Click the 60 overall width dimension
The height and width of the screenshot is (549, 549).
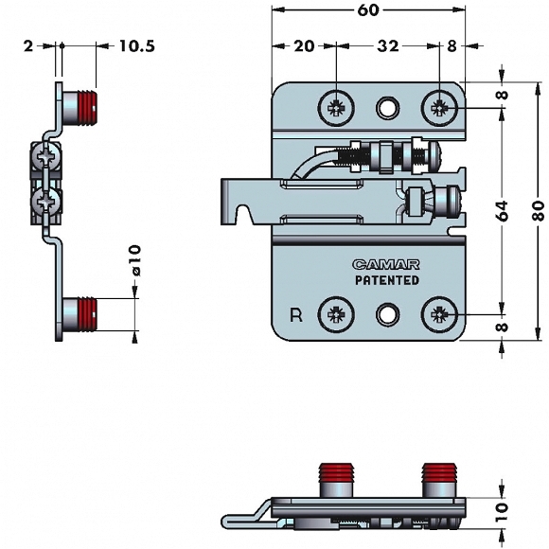368,10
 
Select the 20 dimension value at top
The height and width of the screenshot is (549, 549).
304,45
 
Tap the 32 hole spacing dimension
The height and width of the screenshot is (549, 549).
387,45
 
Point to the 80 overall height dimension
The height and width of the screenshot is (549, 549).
539,211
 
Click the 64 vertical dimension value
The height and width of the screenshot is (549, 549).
502,211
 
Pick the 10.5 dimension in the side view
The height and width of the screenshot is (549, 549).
137,45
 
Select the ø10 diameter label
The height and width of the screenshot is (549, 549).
135,260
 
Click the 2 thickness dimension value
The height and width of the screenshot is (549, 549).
28,45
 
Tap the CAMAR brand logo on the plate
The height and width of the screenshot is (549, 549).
386,264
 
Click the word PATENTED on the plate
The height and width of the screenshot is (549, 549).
387,280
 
